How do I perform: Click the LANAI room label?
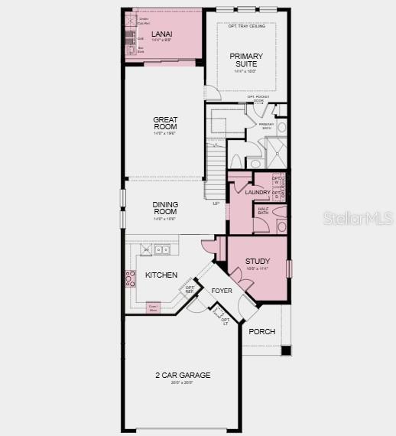click(x=161, y=34)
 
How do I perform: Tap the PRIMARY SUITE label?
click(x=245, y=60)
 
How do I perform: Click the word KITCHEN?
click(x=161, y=275)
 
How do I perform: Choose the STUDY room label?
click(x=258, y=262)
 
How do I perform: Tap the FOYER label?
click(x=222, y=291)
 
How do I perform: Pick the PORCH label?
click(x=262, y=331)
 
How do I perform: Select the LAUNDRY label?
click(x=258, y=192)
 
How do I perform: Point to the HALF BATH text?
click(x=262, y=210)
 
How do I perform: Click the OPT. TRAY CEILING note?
click(x=245, y=26)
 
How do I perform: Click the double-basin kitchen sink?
click(x=161, y=249)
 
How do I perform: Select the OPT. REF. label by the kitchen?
click(x=190, y=290)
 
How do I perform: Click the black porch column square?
click(x=285, y=350)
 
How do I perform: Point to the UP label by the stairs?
click(x=216, y=203)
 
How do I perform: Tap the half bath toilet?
click(x=281, y=227)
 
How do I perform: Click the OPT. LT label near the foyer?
click(x=226, y=321)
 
